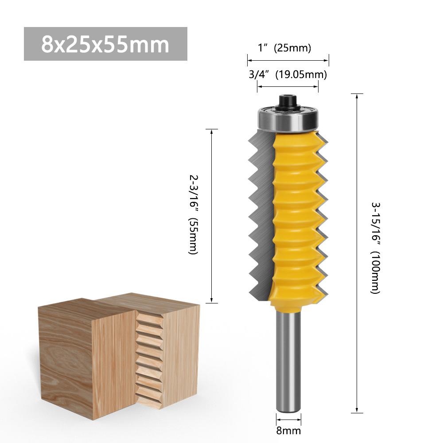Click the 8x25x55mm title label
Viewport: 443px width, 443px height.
pos(105,44)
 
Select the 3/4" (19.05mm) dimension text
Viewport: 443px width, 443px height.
pos(288,74)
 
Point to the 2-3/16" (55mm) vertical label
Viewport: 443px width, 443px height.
pos(194,214)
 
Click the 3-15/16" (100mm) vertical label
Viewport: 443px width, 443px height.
pos(375,248)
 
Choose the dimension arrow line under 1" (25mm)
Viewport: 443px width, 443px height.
pos(288,59)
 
